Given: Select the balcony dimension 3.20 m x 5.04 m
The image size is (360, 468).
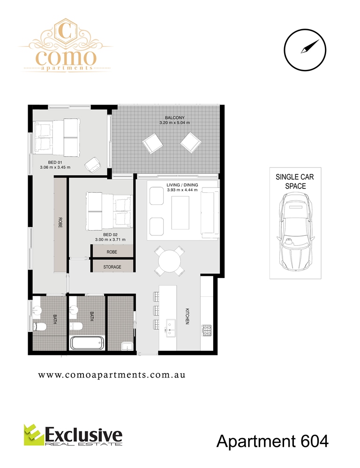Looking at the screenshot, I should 174,123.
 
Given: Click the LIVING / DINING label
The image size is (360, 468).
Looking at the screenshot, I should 182,185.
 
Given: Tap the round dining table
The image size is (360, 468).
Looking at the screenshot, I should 169,261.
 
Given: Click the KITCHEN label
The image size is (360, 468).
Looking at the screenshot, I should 187,317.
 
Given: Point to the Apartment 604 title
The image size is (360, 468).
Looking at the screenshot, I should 272,441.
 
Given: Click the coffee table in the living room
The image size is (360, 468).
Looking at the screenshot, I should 180,212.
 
